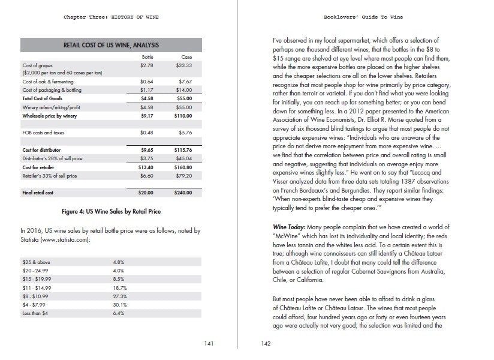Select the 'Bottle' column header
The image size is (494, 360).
point(147,56)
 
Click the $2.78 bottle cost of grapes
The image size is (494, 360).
point(147,64)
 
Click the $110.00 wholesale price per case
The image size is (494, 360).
point(184,115)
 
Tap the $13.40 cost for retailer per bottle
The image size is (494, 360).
point(147,167)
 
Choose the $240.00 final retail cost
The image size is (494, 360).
point(183,193)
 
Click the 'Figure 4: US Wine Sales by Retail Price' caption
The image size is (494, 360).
point(111,212)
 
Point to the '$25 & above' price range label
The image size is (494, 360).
point(35,262)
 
